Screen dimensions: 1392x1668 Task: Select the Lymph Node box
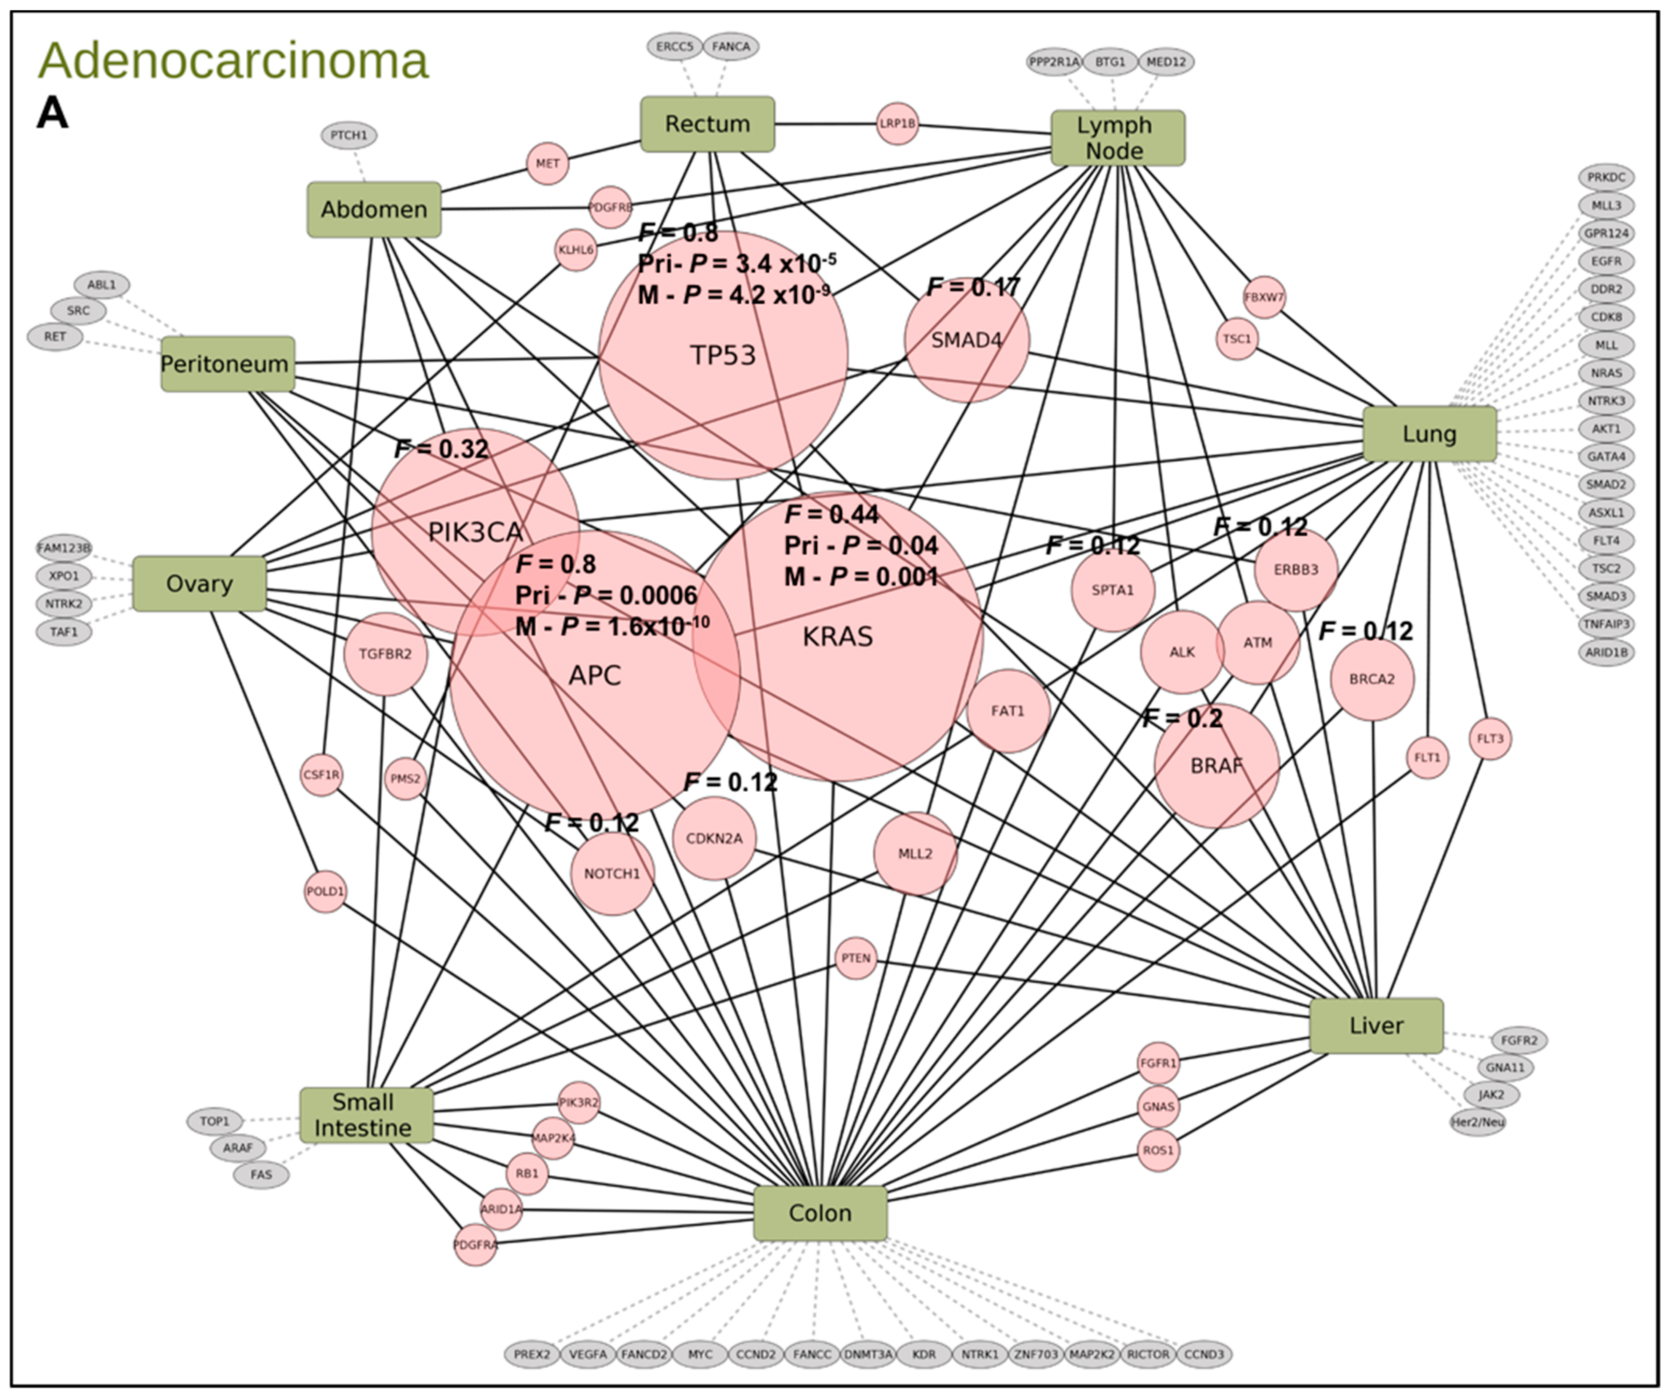[1117, 138]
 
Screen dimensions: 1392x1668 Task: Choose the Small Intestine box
[366, 1115]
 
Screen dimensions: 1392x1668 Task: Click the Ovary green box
[199, 584]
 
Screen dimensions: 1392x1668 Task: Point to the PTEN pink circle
[856, 958]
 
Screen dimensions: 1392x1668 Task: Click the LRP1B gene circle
[897, 124]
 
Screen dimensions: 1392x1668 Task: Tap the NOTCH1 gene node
[611, 873]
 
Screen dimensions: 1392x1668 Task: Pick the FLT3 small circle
[1489, 738]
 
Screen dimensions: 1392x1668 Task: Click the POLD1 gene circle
[325, 891]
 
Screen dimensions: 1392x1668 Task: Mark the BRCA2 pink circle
[1372, 679]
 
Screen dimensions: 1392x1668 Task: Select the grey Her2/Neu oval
[1477, 1122]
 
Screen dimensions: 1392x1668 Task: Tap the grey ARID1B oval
[1606, 652]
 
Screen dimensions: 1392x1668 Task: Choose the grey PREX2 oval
[531, 1354]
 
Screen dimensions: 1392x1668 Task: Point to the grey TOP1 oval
[215, 1121]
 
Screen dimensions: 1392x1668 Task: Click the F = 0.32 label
[441, 449]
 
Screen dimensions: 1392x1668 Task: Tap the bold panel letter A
[52, 113]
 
